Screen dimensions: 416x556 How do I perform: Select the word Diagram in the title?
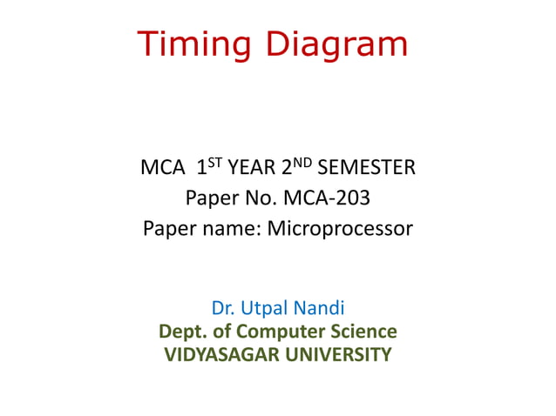click(x=336, y=44)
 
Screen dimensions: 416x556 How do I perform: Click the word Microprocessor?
click(x=340, y=231)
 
